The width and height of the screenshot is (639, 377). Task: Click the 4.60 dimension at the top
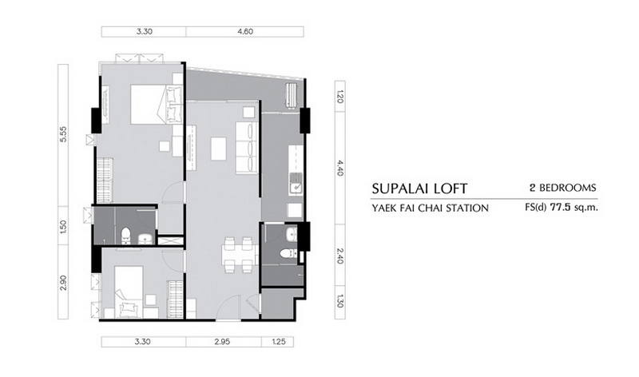point(244,32)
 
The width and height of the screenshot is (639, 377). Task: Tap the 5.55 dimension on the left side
point(63,134)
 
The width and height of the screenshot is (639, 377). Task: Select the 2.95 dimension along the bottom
point(224,342)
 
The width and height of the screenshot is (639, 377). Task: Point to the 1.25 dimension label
point(278,342)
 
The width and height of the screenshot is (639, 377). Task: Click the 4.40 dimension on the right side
point(340,168)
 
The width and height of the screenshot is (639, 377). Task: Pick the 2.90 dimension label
point(63,283)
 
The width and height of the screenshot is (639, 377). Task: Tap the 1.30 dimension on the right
point(340,304)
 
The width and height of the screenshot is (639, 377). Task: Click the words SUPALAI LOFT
point(419,188)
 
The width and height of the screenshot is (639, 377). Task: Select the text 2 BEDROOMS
point(563,188)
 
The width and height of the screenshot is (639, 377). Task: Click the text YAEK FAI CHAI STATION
point(430,208)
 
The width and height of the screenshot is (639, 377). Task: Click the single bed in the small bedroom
point(129,292)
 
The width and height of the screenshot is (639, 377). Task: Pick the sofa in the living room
point(246,147)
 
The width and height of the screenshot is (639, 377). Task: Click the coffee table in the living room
point(218,149)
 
